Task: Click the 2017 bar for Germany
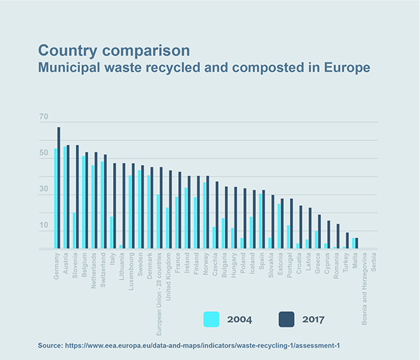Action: pos(59,187)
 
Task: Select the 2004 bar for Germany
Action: pos(56,198)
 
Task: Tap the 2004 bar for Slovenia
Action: pos(74,230)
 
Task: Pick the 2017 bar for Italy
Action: pos(115,206)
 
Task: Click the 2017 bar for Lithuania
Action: pos(124,206)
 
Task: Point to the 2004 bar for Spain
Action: pos(260,221)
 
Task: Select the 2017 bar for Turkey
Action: pos(348,240)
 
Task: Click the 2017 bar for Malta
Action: pos(357,243)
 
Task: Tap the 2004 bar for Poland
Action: pos(242,243)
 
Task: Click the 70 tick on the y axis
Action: pos(44,118)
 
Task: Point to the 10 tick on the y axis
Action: pos(44,225)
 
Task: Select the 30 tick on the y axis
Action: pos(44,189)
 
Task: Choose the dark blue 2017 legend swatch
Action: pos(286,319)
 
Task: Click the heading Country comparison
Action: pos(114,51)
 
